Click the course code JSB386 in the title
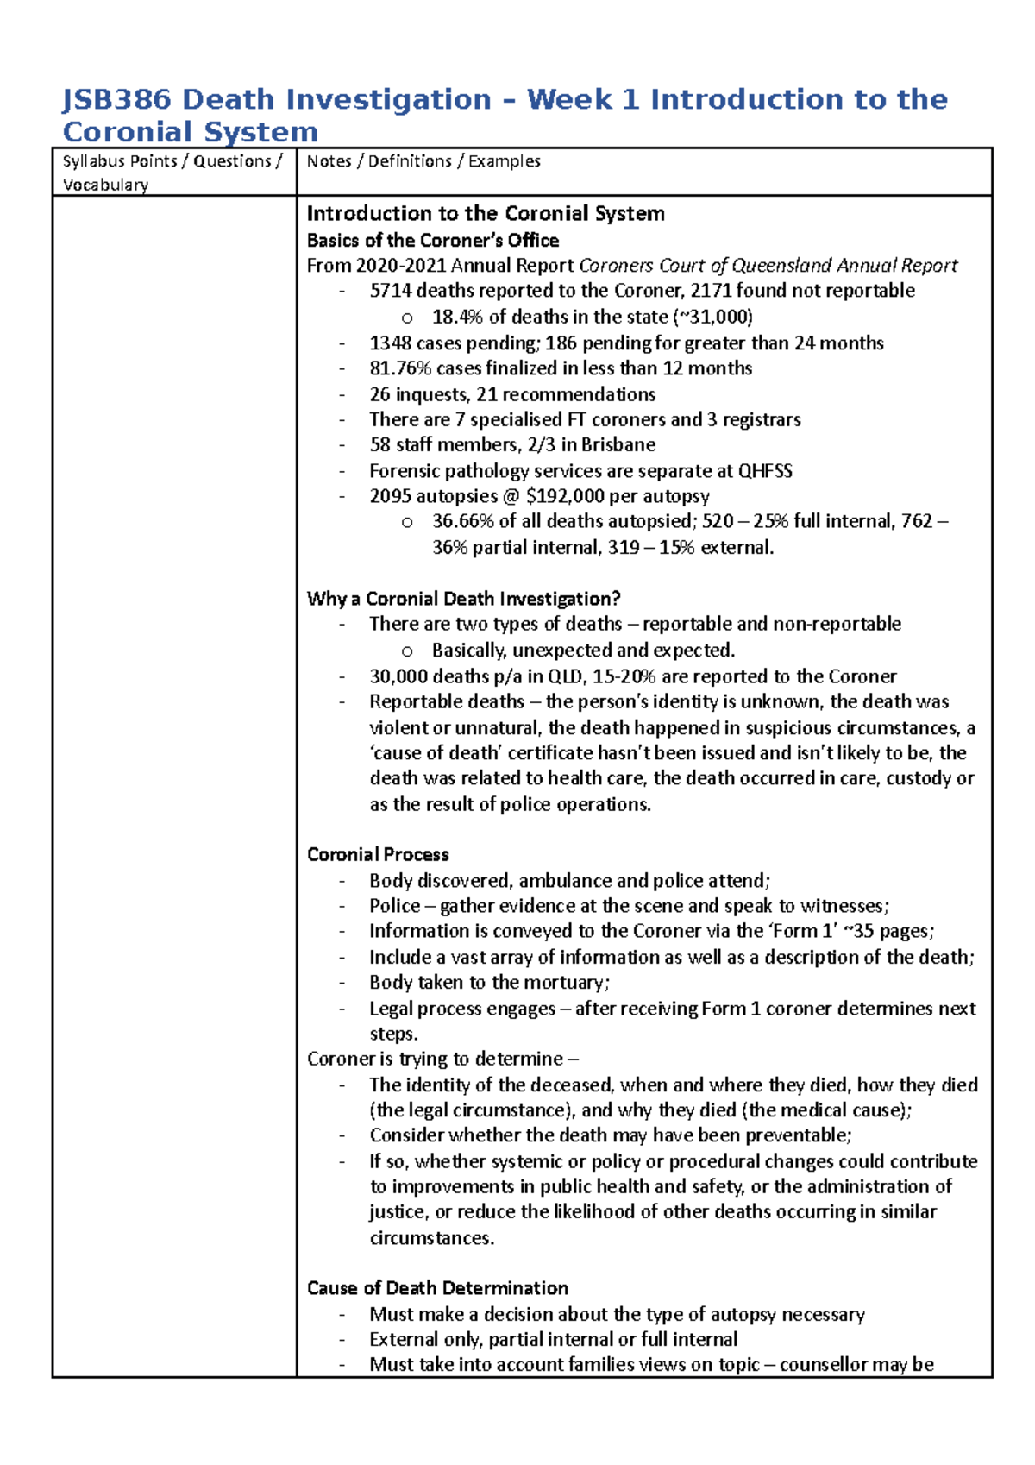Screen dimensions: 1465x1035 (x=116, y=100)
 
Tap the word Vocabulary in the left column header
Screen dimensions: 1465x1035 (x=105, y=185)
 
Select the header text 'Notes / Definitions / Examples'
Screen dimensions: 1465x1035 (x=423, y=161)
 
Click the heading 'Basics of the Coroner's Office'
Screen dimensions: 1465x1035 (x=433, y=240)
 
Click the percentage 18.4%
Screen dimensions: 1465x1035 (x=457, y=317)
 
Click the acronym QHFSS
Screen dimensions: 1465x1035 (x=765, y=471)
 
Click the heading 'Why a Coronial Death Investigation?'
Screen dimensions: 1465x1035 (x=463, y=599)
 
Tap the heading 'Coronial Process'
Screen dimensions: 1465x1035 (x=378, y=854)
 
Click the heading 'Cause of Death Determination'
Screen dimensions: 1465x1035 (x=437, y=1288)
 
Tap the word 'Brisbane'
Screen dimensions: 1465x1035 (x=618, y=445)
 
